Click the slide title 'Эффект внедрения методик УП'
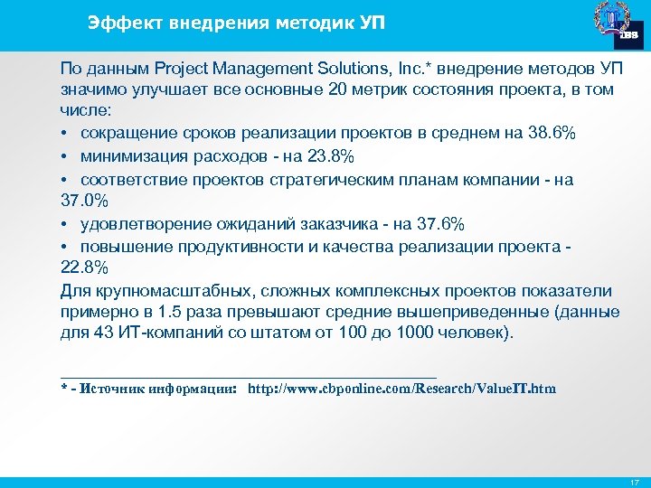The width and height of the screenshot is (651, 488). pyautogui.click(x=236, y=23)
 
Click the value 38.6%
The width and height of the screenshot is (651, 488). pyautogui.click(x=550, y=135)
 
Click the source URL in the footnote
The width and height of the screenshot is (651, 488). pyautogui.click(x=402, y=389)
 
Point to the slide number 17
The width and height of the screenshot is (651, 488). pyautogui.click(x=634, y=482)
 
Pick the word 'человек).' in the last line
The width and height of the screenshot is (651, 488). pyautogui.click(x=477, y=334)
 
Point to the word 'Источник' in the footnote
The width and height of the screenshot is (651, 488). pyautogui.click(x=115, y=389)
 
